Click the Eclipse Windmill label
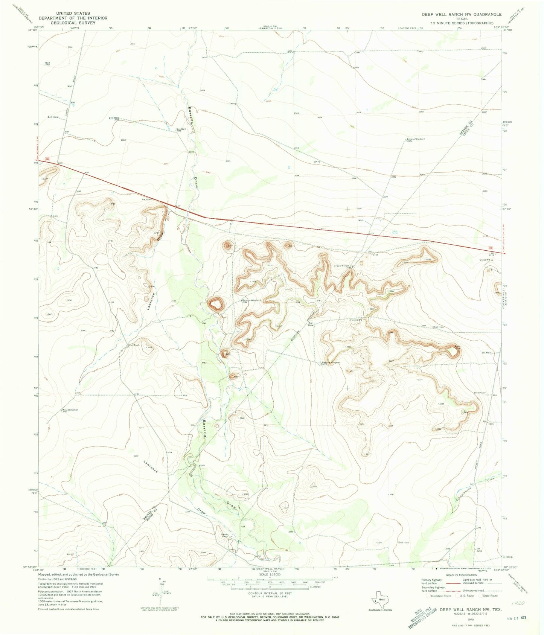(x=416, y=139)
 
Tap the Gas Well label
(x=181, y=129)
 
